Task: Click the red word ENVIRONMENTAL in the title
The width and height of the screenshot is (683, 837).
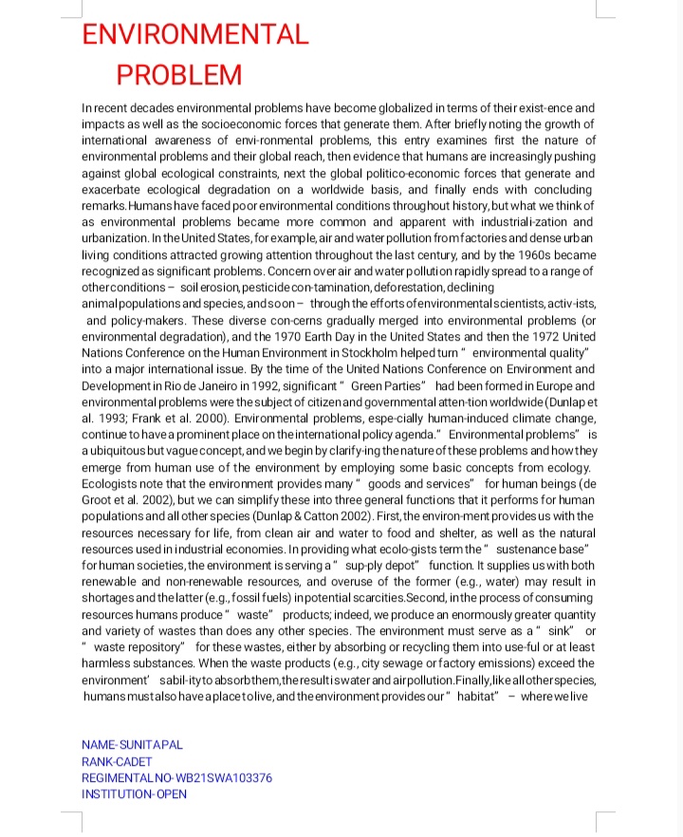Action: coord(194,35)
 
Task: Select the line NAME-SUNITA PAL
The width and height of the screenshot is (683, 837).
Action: coord(133,745)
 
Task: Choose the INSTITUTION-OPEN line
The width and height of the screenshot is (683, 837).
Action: coord(134,793)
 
